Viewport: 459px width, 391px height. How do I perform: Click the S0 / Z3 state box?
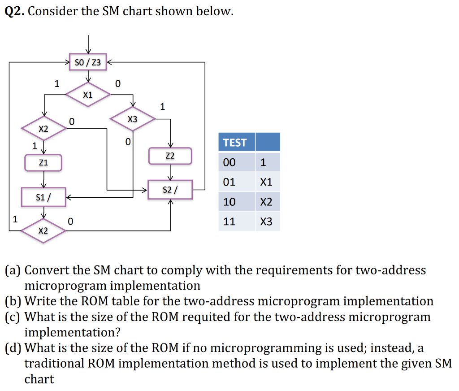point(88,62)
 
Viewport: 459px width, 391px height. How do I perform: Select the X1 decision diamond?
point(88,95)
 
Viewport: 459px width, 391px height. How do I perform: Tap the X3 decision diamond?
point(132,119)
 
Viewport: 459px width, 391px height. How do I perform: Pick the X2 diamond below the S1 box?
point(43,230)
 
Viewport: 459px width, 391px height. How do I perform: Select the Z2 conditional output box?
point(170,156)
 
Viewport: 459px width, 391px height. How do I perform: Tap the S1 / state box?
point(43,197)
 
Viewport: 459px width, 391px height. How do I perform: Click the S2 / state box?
point(170,190)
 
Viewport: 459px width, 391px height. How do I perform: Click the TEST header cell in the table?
point(236,142)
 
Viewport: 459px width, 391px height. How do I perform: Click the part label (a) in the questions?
point(13,270)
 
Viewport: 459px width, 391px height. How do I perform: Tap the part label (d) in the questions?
point(13,348)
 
